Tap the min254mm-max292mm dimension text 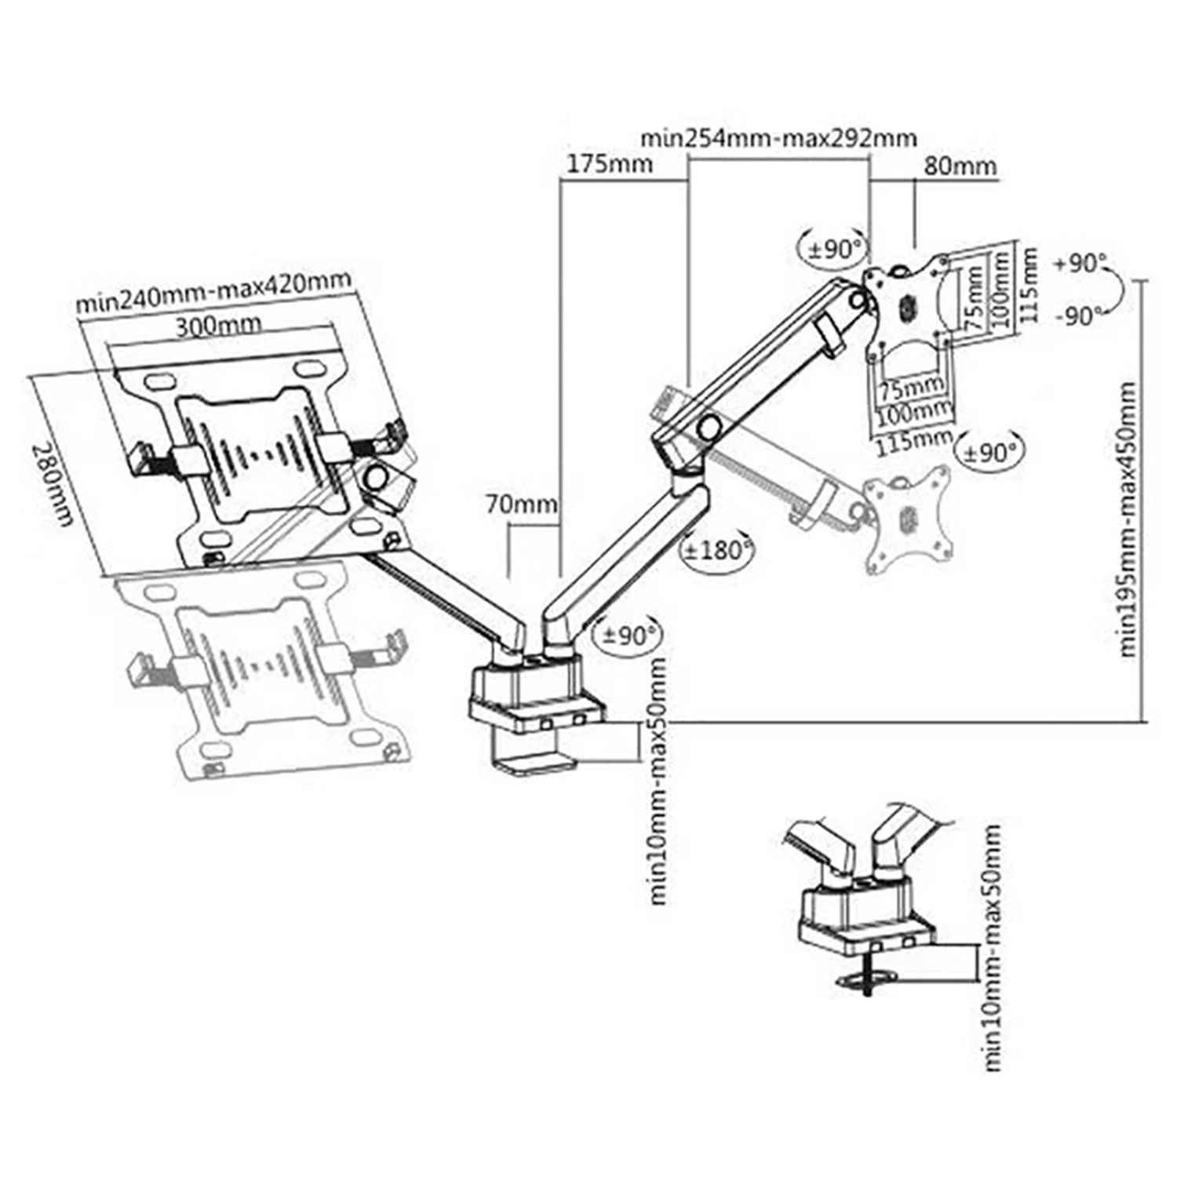[x=778, y=138]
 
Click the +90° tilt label [x=1080, y=264]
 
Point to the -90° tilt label [x=1080, y=316]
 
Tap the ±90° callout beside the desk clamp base [x=629, y=633]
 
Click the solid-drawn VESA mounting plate [x=908, y=304]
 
